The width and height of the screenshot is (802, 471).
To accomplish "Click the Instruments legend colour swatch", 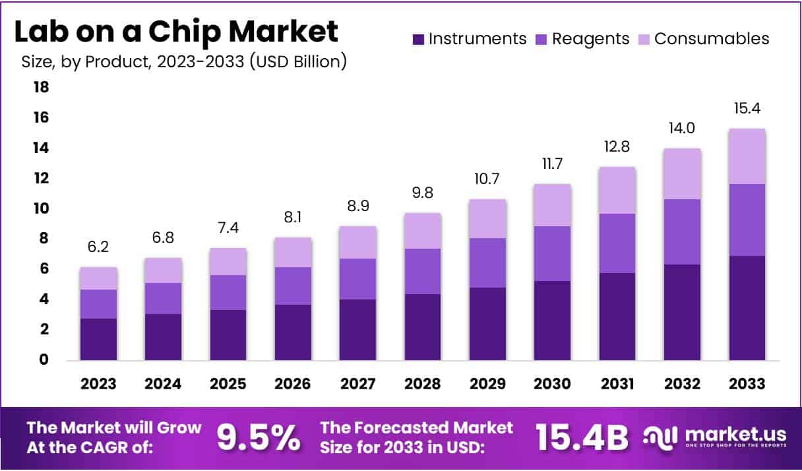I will tap(418, 39).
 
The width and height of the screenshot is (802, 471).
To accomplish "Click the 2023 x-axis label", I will tap(99, 384).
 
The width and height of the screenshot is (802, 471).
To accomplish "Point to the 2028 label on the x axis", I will tap(423, 384).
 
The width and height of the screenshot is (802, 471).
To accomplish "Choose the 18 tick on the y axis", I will tap(41, 87).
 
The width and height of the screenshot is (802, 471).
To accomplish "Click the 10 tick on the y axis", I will tap(41, 208).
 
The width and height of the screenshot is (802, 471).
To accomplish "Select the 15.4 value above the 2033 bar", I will tap(747, 109).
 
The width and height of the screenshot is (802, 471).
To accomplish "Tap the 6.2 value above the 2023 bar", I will tap(99, 248).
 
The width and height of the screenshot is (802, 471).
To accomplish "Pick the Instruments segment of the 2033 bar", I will tap(747, 307).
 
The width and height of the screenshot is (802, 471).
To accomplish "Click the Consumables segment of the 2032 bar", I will tap(682, 173).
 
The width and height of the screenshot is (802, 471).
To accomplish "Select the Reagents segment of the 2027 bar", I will tap(358, 279).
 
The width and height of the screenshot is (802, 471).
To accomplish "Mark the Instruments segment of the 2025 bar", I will tap(228, 335).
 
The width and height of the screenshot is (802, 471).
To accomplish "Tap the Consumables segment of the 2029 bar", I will tap(487, 218).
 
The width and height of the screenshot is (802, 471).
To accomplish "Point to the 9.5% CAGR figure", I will tap(259, 437).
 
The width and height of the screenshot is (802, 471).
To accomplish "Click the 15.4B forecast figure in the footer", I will tap(582, 437).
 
